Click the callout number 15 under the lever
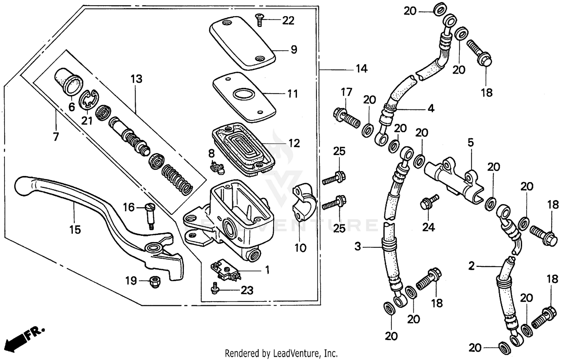click(x=75, y=229)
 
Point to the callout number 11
click(x=292, y=93)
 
